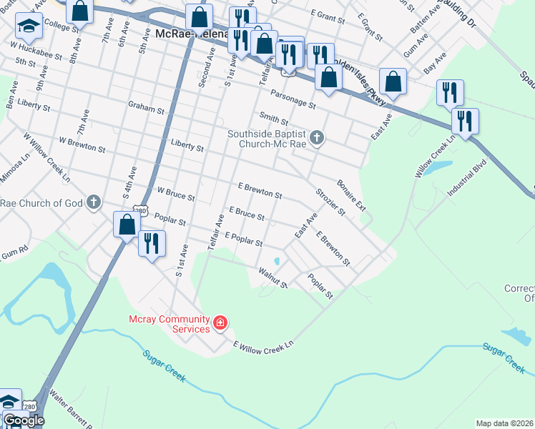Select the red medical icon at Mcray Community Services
tap(220, 324)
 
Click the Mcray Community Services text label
tap(169, 324)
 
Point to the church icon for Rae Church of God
tap(93, 203)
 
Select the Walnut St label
tap(273, 278)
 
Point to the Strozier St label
tap(330, 202)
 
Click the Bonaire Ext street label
tap(351, 195)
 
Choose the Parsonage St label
tap(293, 99)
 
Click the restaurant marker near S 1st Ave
tap(152, 244)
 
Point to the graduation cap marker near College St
tap(29, 27)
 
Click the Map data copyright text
tap(504, 423)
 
